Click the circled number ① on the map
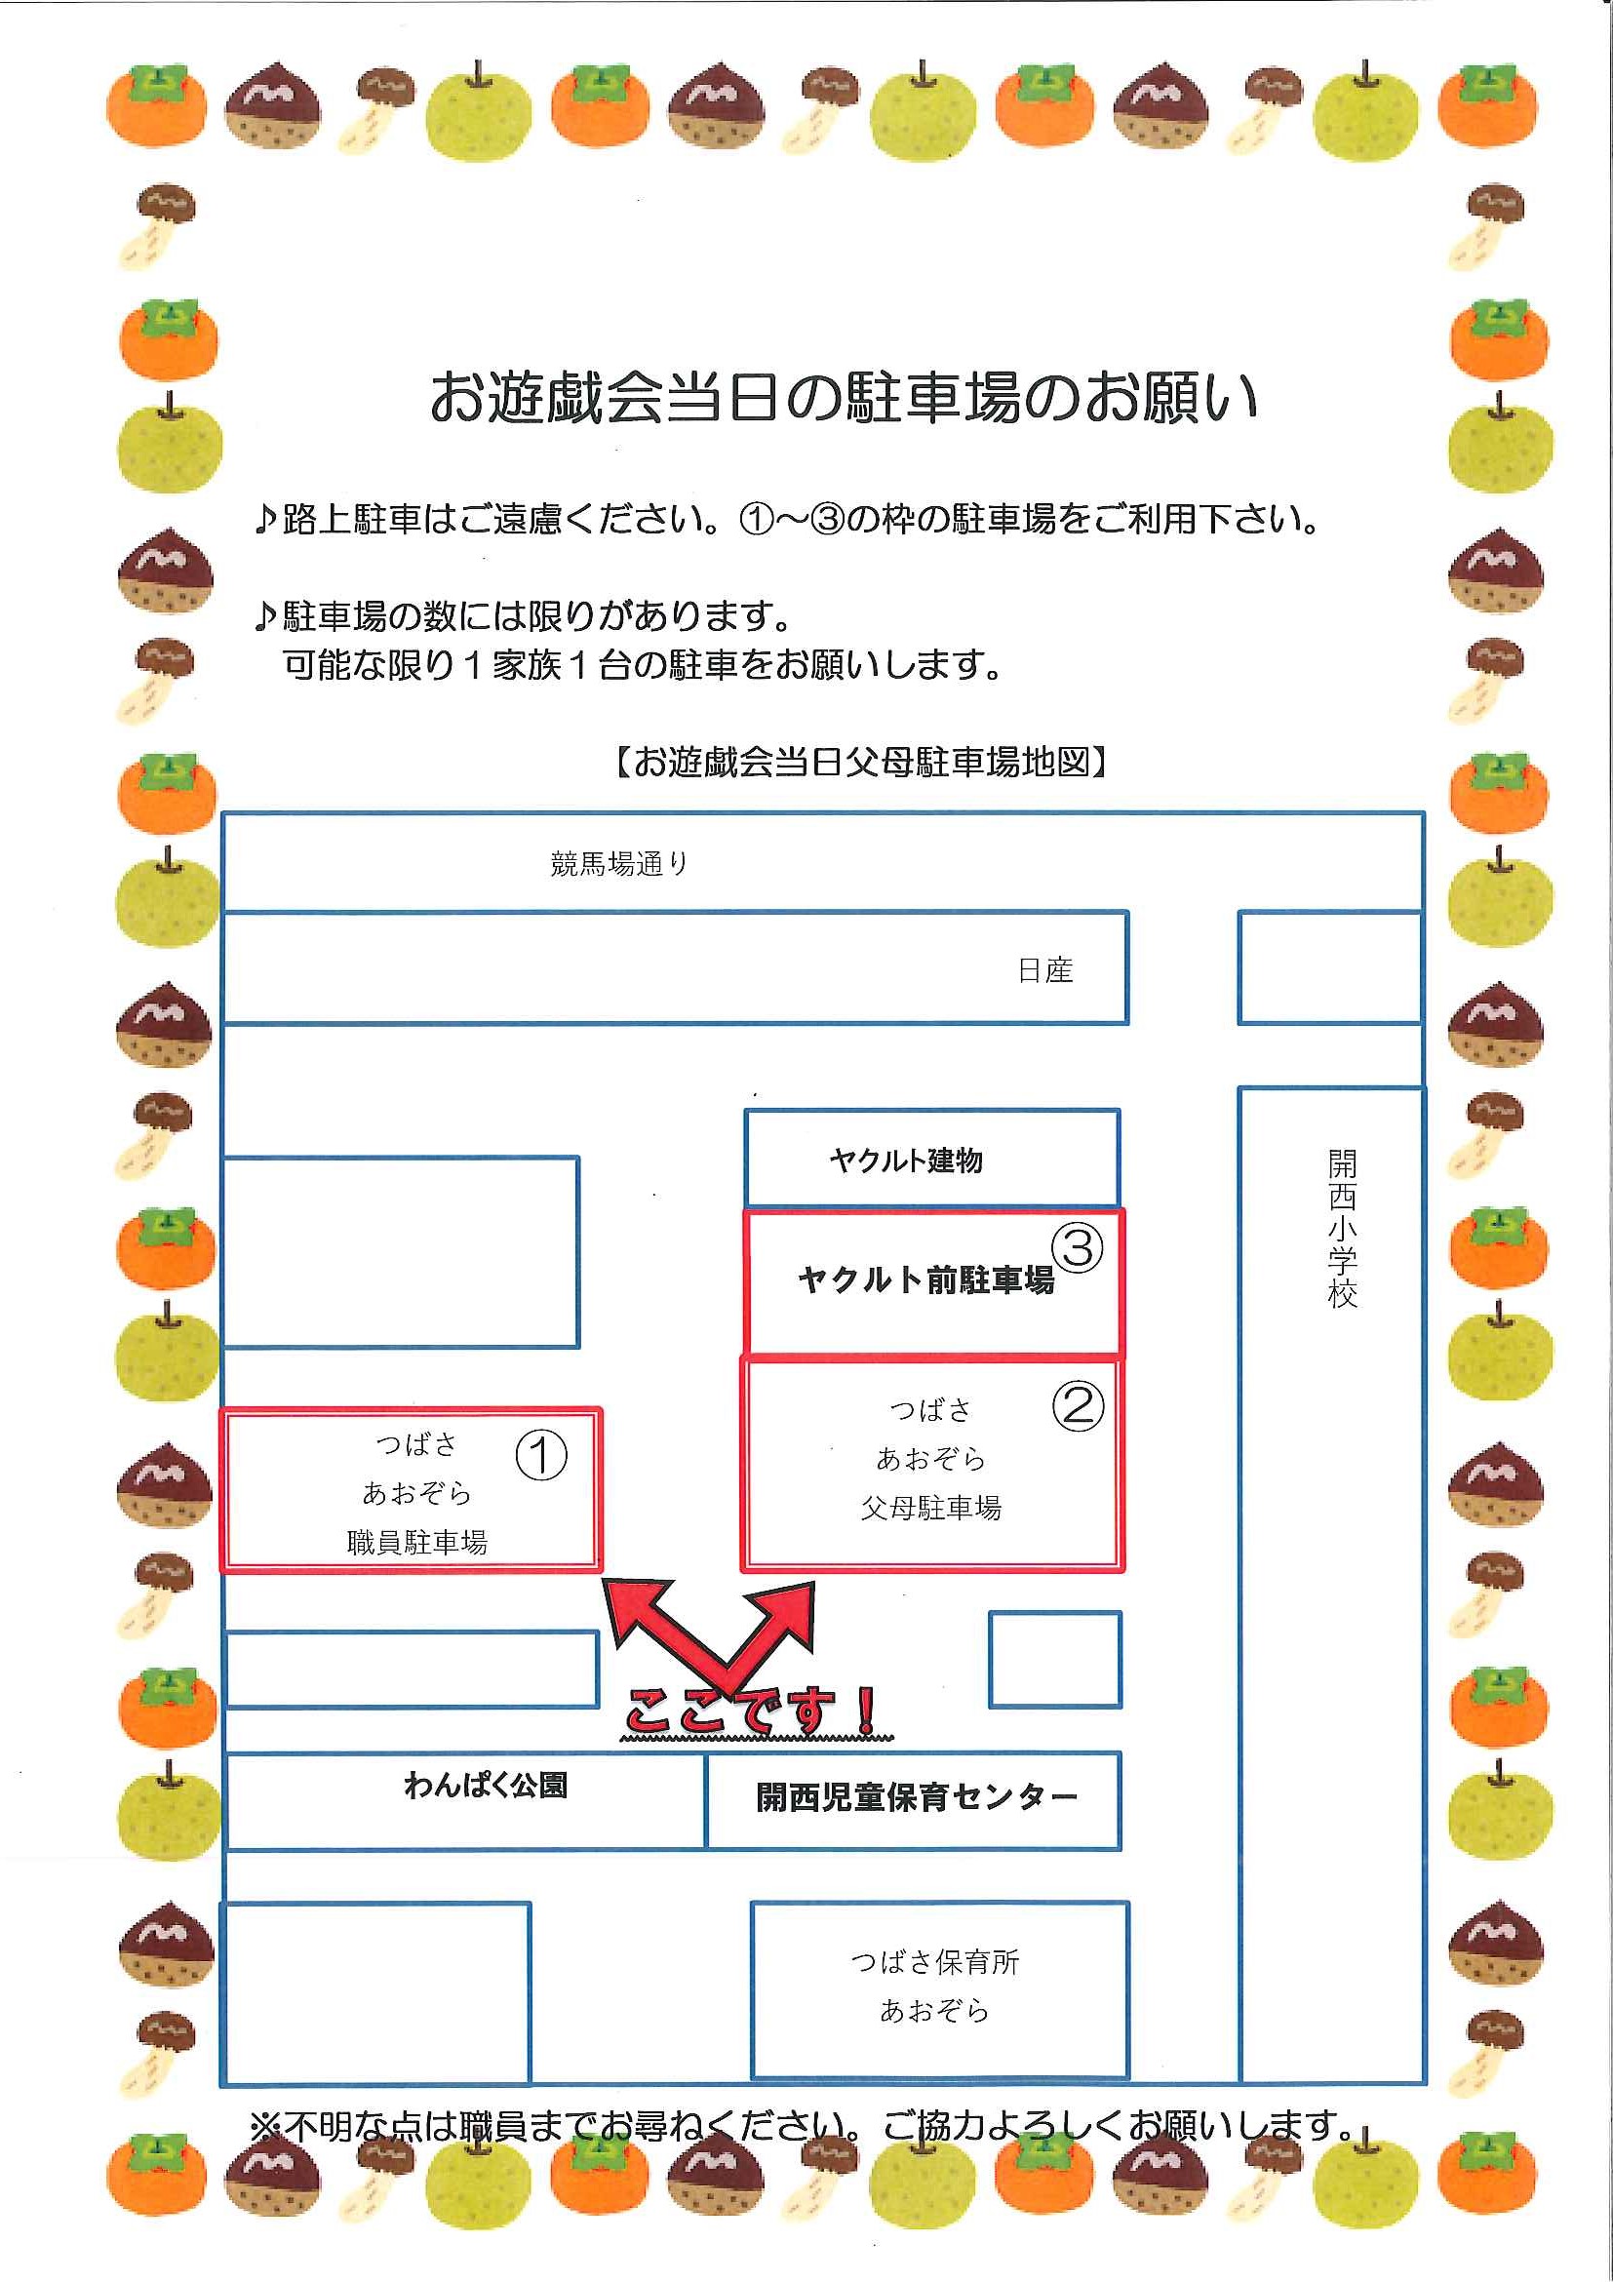click(x=540, y=1456)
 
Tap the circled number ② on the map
click(x=1078, y=1406)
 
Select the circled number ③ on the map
click(x=1078, y=1247)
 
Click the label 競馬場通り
click(x=619, y=864)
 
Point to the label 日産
click(x=1045, y=970)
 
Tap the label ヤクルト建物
click(x=906, y=1160)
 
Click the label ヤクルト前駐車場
click(x=925, y=1280)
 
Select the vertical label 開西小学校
click(x=1342, y=1229)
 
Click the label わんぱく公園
click(x=486, y=1786)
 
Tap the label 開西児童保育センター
click(x=917, y=1797)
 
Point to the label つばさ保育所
click(x=934, y=1961)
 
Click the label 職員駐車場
click(x=417, y=1542)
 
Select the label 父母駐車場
click(x=931, y=1509)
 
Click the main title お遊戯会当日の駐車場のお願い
click(x=844, y=397)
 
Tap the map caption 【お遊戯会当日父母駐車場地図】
click(x=861, y=763)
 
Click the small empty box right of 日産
click(x=1329, y=968)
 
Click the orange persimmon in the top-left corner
click(x=157, y=106)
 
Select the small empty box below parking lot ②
click(x=1054, y=1659)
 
